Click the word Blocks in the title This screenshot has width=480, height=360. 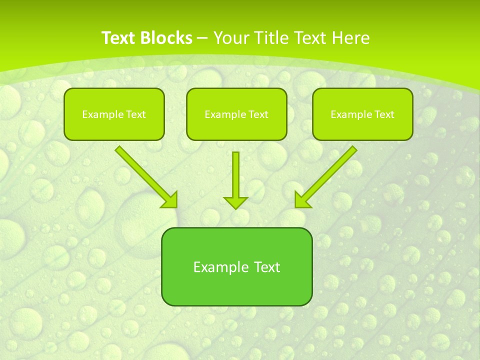click(167, 38)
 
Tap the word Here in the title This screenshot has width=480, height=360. click(349, 38)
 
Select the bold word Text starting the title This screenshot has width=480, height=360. click(120, 38)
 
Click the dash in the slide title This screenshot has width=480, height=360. click(202, 38)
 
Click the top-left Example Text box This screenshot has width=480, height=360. click(114, 114)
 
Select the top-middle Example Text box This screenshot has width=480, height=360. click(236, 114)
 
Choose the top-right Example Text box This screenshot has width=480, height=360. click(362, 114)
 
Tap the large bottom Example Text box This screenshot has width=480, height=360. click(236, 266)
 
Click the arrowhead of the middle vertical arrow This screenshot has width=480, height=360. click(235, 202)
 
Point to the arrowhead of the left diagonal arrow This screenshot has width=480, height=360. click(170, 199)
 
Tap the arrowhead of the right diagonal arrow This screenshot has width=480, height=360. click(302, 199)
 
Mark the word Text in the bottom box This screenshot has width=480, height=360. click(267, 266)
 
